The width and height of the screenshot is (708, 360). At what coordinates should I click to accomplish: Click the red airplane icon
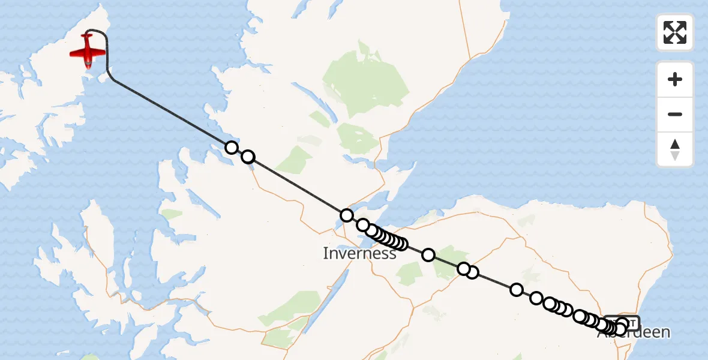[x=88, y=51]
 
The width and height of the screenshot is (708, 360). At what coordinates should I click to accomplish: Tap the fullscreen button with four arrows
[x=675, y=32]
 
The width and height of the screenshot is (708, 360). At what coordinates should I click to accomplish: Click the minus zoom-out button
[x=675, y=114]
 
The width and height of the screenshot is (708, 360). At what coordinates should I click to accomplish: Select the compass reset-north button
[x=675, y=149]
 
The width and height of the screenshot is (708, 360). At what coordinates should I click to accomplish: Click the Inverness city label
[x=359, y=253]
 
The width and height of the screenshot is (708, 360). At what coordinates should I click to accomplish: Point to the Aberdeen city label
[x=634, y=332]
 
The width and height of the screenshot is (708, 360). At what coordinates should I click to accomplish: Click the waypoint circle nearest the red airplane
[x=232, y=147]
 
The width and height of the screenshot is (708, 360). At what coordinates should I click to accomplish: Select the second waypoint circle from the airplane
[x=248, y=157]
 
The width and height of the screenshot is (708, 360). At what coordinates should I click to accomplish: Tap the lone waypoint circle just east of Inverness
[x=428, y=255]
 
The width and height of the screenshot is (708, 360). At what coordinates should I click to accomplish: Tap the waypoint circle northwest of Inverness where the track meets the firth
[x=346, y=215]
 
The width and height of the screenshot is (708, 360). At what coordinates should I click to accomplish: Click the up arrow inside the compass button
[x=675, y=144]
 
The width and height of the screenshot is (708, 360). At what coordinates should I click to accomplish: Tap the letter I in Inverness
[x=326, y=253]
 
